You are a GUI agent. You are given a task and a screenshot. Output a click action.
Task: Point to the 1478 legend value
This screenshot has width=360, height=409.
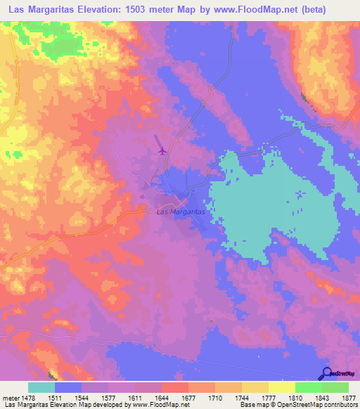pos(29,397)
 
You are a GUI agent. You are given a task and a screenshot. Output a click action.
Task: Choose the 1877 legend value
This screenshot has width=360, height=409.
pos(349,397)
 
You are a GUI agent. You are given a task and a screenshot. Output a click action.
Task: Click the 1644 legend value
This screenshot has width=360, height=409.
pos(162,397)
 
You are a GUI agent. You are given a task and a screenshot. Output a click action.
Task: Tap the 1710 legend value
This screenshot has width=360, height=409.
pos(215,397)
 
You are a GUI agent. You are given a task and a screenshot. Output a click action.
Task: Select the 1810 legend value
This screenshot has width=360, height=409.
pos(295,397)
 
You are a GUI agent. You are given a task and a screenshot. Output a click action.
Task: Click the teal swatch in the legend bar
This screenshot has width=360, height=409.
pos(41,387)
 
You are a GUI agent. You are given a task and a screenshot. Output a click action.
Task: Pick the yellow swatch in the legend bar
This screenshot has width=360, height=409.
pos(281,387)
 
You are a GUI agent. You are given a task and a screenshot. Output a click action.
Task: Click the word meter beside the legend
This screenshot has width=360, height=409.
pos(10,397)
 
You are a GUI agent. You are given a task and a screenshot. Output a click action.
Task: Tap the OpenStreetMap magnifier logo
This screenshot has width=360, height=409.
pos(326,374)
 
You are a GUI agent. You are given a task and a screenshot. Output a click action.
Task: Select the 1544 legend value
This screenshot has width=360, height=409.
pos(82,397)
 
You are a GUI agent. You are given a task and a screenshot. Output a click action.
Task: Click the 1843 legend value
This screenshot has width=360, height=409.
pos(322,397)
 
